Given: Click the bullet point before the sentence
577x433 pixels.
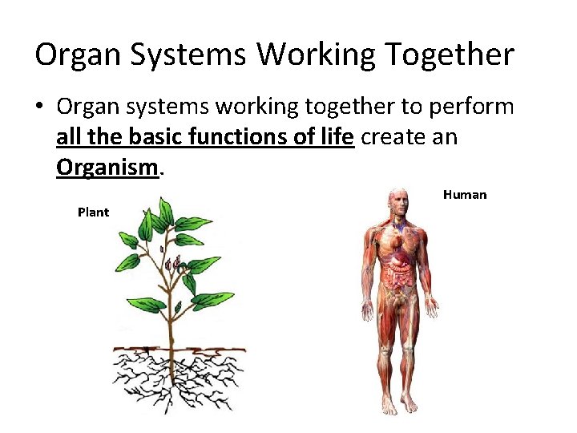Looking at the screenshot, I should click(40, 107).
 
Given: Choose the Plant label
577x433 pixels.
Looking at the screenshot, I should click(93, 212).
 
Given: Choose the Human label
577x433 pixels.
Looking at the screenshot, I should click(464, 195).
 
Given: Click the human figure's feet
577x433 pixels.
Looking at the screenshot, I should click(400, 405).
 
